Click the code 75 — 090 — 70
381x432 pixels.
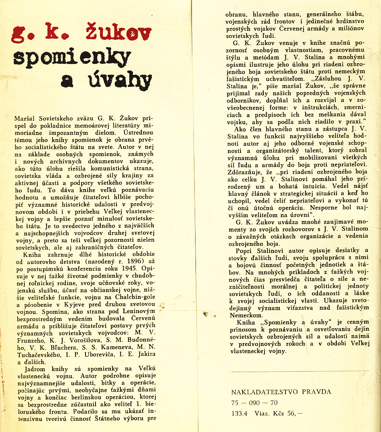click(254, 403)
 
